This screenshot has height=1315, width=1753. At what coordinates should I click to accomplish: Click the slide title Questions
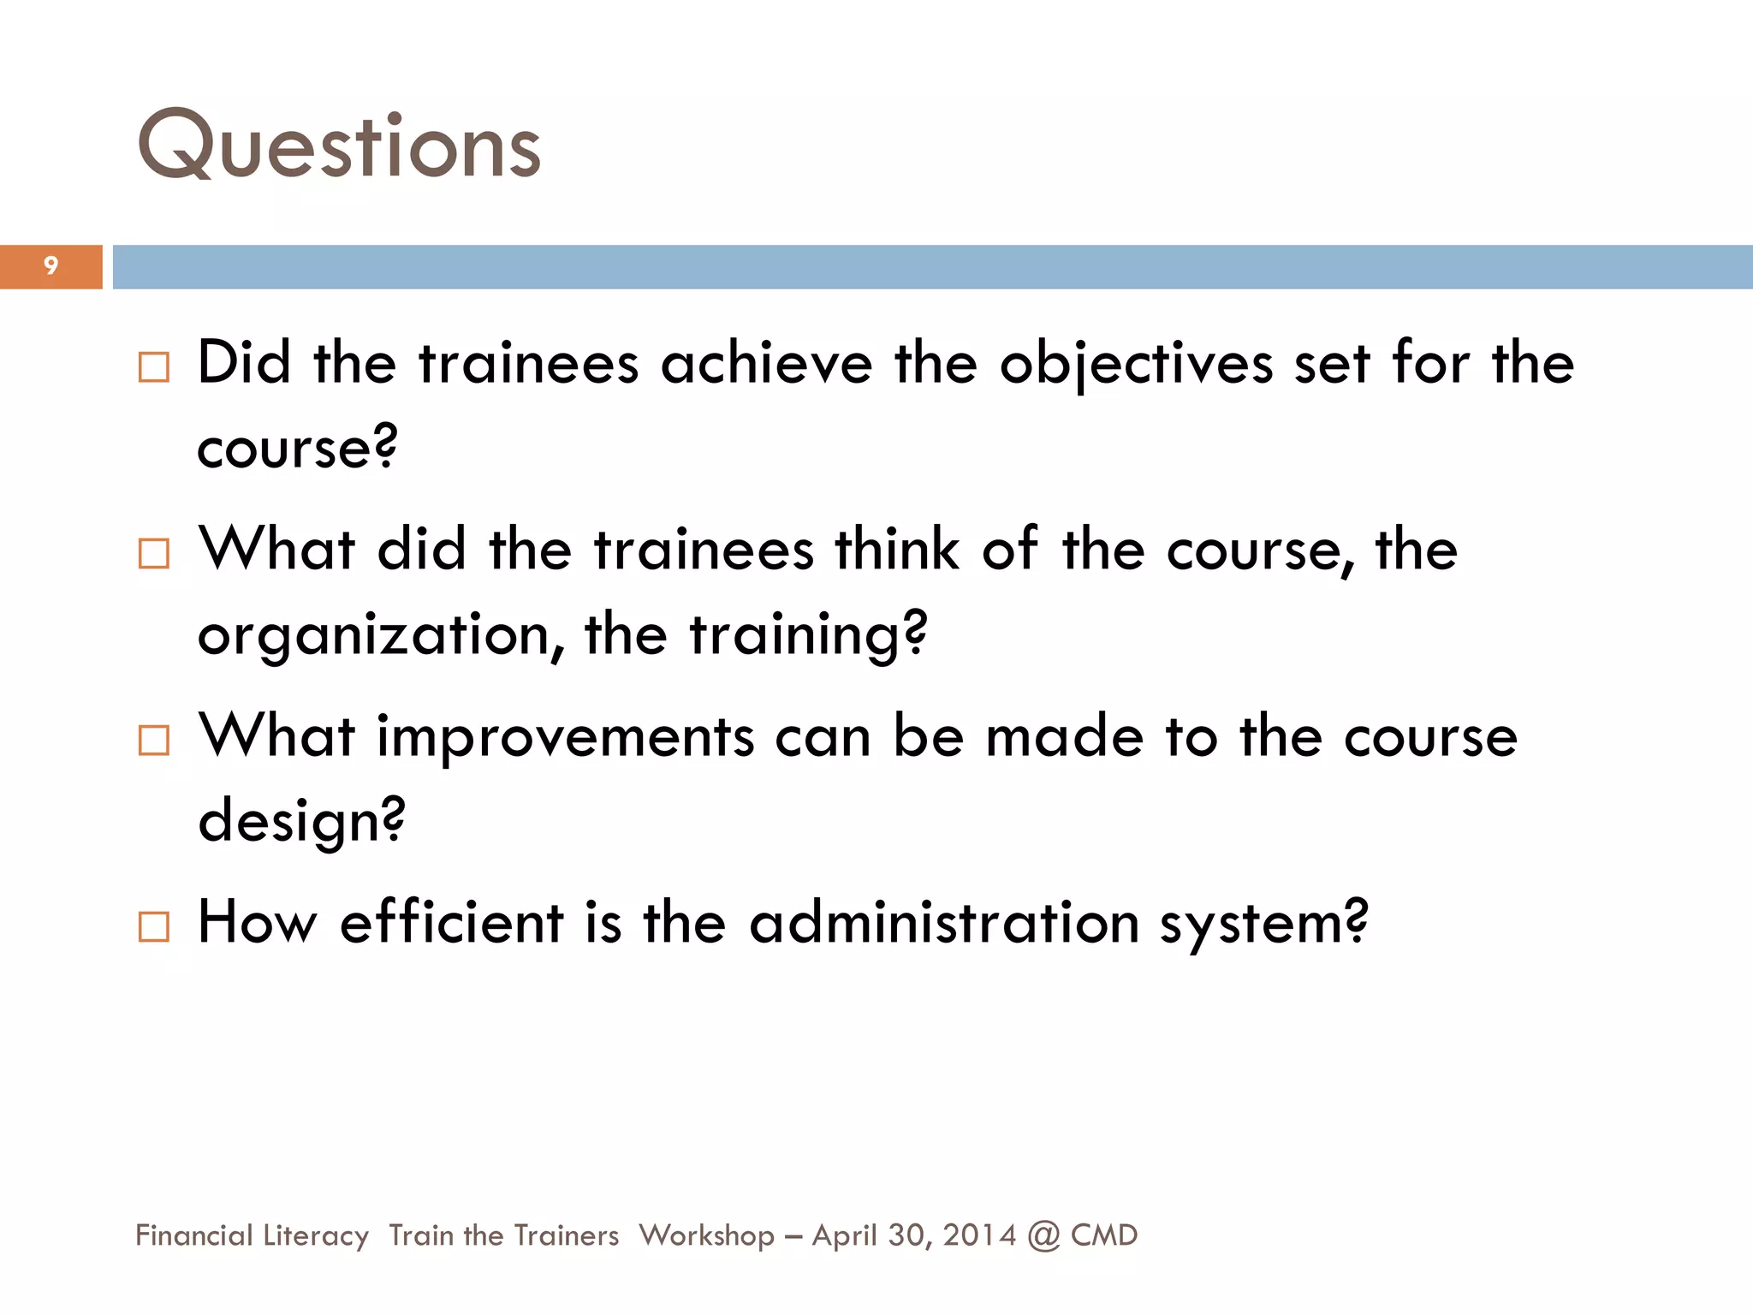coord(339,146)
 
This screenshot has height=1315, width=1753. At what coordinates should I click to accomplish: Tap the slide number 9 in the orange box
coord(51,266)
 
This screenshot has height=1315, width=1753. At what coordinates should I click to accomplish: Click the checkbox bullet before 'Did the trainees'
coord(154,367)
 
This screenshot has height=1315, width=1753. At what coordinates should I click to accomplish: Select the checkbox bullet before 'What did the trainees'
coord(154,554)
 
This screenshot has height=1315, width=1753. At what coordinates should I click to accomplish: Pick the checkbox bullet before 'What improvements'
coord(154,740)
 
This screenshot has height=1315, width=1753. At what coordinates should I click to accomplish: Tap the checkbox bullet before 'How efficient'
coord(154,926)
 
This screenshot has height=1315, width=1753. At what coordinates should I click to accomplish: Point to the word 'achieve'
coord(766,364)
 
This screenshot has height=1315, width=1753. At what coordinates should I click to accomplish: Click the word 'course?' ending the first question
coord(297,448)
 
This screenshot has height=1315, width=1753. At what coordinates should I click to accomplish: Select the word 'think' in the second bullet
coord(896,549)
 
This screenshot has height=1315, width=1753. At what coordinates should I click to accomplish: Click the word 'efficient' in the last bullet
coord(451,923)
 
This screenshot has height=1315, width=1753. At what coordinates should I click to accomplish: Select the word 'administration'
coord(943,923)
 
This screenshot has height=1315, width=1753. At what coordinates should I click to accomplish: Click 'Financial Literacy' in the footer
coord(252,1235)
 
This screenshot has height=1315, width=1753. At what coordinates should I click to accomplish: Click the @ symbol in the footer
coord(1043,1236)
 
